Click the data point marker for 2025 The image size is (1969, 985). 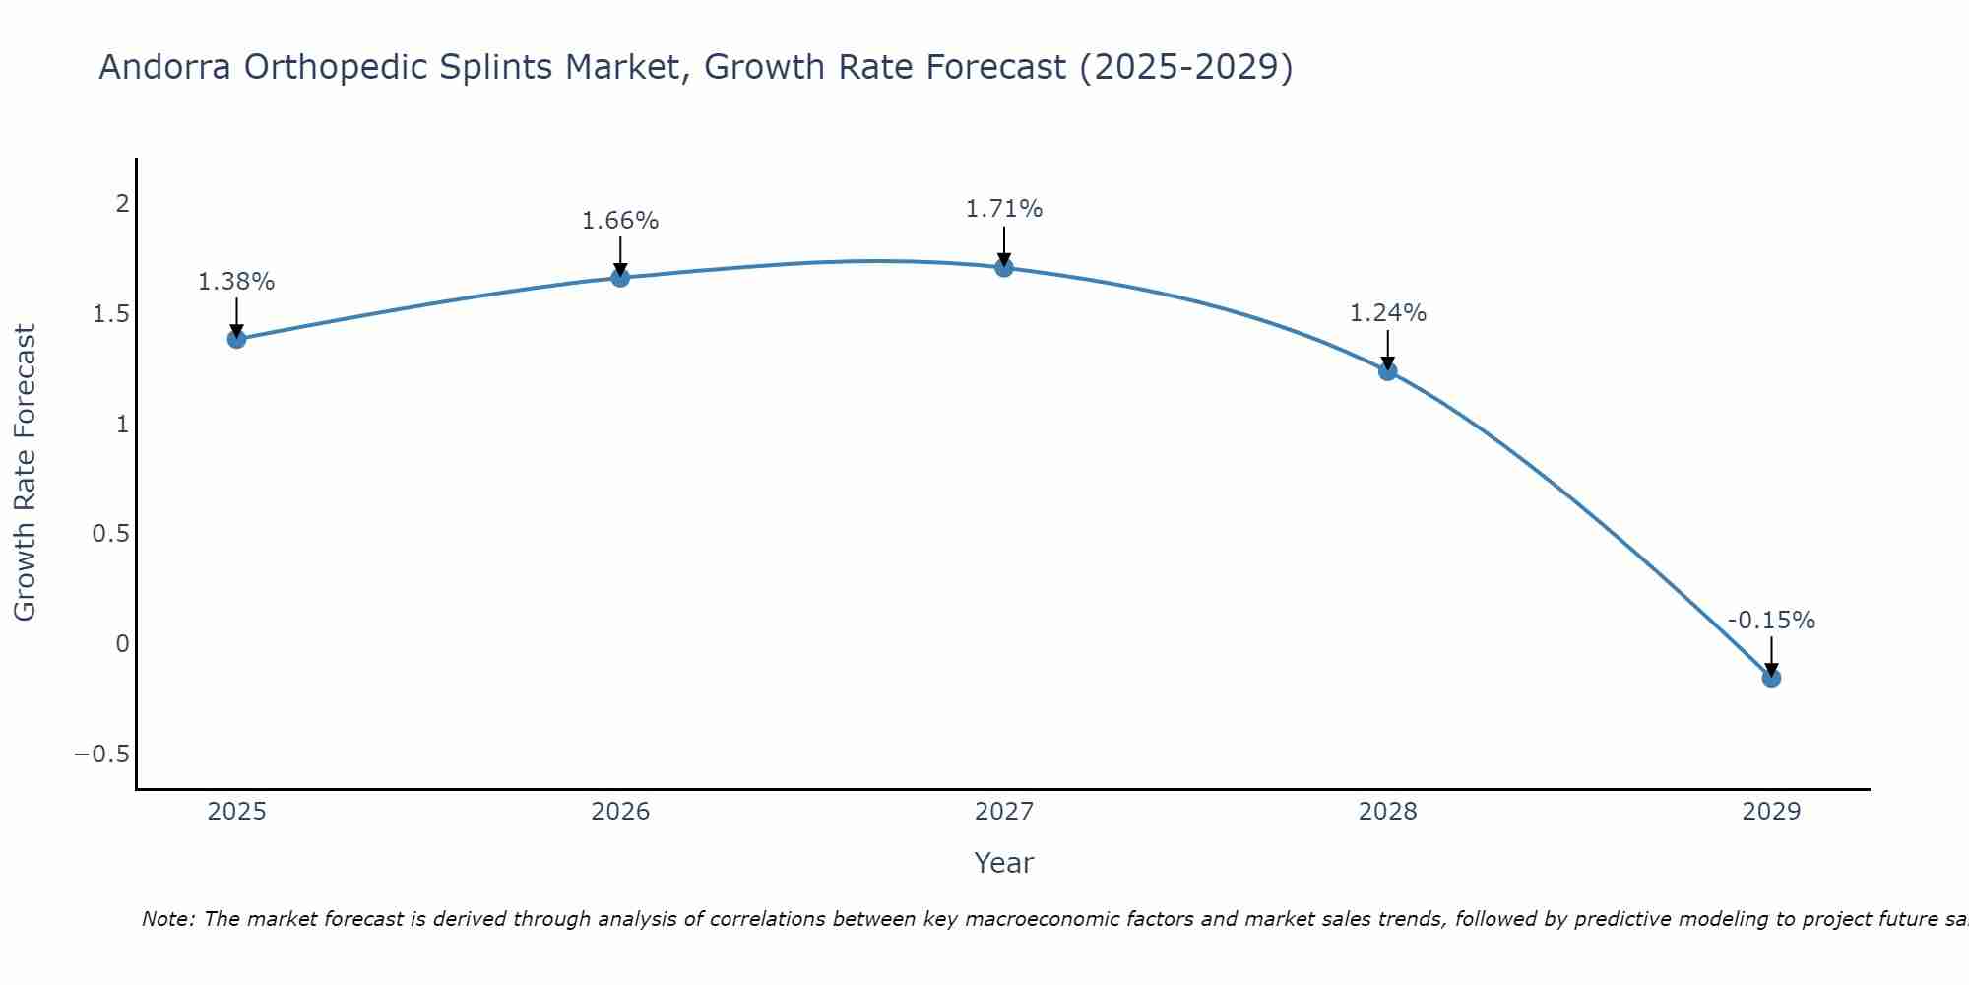pos(236,339)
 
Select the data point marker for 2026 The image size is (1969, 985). pos(620,278)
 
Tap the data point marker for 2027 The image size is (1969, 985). pos(1004,267)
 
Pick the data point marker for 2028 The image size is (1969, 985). pos(1388,371)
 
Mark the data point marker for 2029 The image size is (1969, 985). pos(1771,678)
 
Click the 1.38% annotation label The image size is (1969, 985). pos(236,282)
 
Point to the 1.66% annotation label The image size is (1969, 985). pos(620,221)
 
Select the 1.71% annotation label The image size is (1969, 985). pos(1004,209)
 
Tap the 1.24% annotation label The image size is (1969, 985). pos(1388,313)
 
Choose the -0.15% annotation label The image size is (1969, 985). pos(1771,621)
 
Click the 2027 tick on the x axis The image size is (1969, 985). pos(1004,812)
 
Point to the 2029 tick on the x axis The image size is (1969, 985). pos(1771,812)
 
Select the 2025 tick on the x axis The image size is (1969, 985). pos(236,812)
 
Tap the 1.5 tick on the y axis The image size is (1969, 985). pos(111,314)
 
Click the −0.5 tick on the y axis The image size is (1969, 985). pos(101,755)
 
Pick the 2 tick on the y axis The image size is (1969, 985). pos(123,204)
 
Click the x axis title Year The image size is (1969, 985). pos(1003,863)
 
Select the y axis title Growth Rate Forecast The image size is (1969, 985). pos(26,473)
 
